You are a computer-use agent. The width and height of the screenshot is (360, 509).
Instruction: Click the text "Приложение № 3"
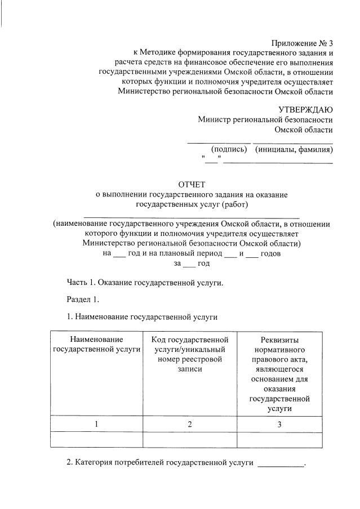point(302,43)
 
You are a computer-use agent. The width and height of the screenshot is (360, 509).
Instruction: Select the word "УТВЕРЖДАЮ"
point(305,109)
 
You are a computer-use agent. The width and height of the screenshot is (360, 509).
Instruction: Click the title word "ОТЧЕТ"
point(192,184)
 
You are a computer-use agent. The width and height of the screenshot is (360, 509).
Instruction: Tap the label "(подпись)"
point(229,149)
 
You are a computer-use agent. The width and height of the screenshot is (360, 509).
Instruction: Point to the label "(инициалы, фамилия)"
point(293,149)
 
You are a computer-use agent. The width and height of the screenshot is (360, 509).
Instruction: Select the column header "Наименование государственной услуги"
point(96,345)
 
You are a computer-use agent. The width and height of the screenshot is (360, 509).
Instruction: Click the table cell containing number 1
point(96,424)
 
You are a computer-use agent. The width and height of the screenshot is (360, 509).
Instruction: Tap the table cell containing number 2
point(190,424)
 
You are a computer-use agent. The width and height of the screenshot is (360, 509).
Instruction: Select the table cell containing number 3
point(279,424)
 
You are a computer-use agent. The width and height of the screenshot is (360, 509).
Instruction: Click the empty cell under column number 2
point(190,439)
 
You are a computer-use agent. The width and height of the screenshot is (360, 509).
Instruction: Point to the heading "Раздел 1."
point(83,300)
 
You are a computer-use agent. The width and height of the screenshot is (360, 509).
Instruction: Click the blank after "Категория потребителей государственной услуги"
point(280,464)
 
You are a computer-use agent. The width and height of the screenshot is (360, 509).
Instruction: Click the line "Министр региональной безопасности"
point(265,119)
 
